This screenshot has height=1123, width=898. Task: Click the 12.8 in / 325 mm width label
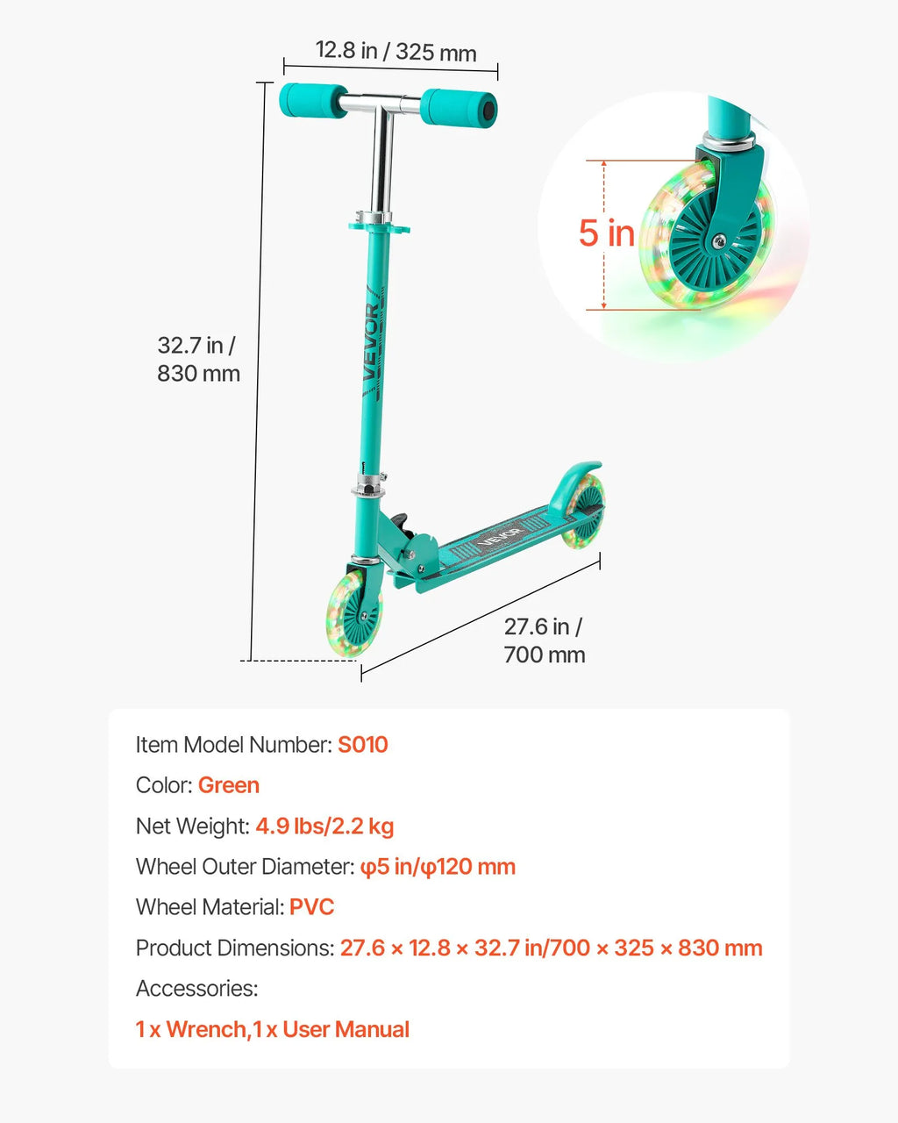396,51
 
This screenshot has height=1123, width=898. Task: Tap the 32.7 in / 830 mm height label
198,360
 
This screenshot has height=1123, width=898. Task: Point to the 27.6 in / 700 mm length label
545,640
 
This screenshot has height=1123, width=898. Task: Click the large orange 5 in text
606,232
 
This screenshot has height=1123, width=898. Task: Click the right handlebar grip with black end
458,108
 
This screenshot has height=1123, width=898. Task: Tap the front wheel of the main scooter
353,612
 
